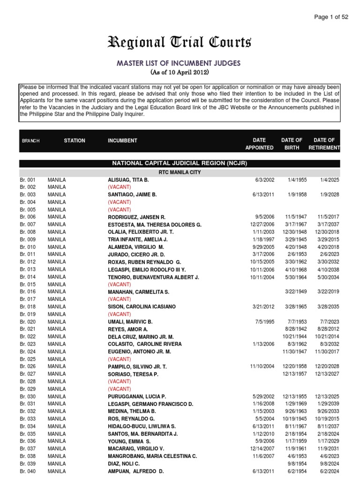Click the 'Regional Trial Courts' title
pyautogui.click(x=180, y=43)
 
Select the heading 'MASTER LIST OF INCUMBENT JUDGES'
pyautogui.click(x=180, y=63)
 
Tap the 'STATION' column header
pyautogui.click(x=75, y=141)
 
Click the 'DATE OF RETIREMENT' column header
pyautogui.click(x=324, y=144)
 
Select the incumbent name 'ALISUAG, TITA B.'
pyautogui.click(x=128, y=180)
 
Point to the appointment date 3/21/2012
pyautogui.click(x=265, y=307)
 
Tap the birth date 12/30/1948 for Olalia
pyautogui.click(x=295, y=232)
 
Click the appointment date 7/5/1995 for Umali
pyautogui.click(x=266, y=322)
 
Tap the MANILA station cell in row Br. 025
pyautogui.click(x=57, y=359)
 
